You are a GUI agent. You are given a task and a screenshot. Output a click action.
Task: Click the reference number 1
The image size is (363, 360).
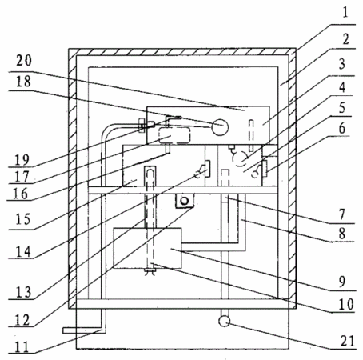click(345, 13)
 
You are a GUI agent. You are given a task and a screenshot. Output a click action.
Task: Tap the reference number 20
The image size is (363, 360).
click(24, 61)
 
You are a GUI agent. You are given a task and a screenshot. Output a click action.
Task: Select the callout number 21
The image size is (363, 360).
click(348, 342)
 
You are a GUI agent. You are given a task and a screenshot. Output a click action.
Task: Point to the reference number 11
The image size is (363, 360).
click(22, 346)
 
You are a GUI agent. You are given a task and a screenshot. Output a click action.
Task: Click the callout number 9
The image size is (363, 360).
click(342, 282)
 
